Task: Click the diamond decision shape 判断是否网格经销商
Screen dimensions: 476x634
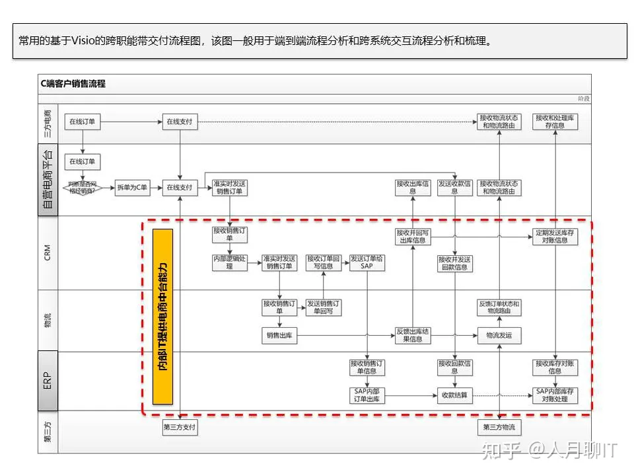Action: coord(83,188)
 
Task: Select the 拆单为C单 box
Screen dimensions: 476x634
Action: coord(132,188)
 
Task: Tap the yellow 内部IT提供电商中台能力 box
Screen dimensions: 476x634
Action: coord(162,316)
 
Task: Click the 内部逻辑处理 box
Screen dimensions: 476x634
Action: coord(230,262)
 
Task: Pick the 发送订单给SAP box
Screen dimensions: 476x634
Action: coord(367,262)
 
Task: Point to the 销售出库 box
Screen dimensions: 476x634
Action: coord(280,336)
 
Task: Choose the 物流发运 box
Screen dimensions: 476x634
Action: coord(499,336)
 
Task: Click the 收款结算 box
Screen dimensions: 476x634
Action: coord(455,395)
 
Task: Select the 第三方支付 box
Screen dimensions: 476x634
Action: coord(180,428)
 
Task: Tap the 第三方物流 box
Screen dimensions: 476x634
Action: coord(499,428)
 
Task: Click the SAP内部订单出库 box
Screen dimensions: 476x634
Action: coord(367,395)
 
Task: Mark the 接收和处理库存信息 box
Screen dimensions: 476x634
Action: coord(555,122)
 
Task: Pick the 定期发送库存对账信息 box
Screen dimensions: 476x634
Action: coord(555,237)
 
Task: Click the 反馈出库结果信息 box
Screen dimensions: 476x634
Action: coord(413,336)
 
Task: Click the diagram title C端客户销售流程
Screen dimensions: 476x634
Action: coord(73,84)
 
